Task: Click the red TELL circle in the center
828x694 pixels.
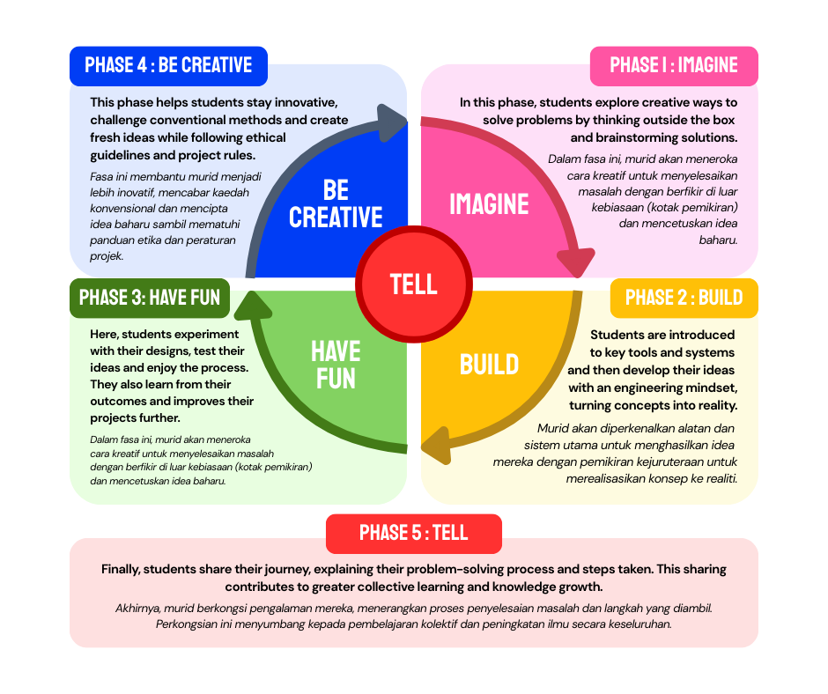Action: coord(414,284)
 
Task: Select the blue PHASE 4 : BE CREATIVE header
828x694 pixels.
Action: coord(168,65)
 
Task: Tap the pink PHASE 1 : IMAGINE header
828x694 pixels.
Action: coord(674,65)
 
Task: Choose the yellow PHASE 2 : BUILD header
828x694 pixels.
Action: coord(684,298)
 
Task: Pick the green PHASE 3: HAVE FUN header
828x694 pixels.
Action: coord(150,298)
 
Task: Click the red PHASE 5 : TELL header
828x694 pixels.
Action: coord(414,533)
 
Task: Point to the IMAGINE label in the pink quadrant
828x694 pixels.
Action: coord(489,204)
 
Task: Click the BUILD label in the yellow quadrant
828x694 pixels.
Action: coord(489,364)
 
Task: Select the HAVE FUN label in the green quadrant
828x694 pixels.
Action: coord(336,365)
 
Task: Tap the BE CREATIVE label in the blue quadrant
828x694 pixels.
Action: coord(336,203)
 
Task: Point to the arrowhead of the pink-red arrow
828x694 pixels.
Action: coord(576,262)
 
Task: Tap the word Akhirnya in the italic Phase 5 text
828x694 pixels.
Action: coord(140,608)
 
